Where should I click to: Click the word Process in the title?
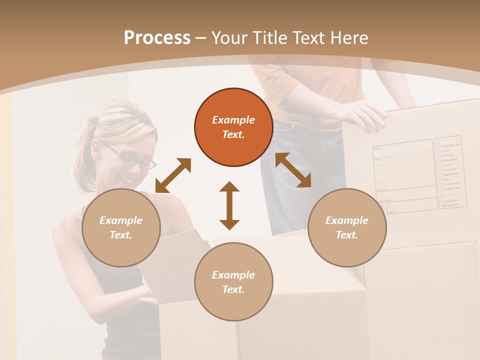click(157, 38)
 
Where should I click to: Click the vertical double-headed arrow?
click(229, 205)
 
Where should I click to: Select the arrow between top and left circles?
click(173, 175)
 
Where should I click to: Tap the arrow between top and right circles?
click(293, 170)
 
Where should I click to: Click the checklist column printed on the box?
click(450, 171)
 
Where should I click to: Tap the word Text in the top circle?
click(233, 134)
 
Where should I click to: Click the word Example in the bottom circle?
click(233, 275)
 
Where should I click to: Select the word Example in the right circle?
click(347, 220)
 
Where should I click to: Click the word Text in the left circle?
click(121, 235)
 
